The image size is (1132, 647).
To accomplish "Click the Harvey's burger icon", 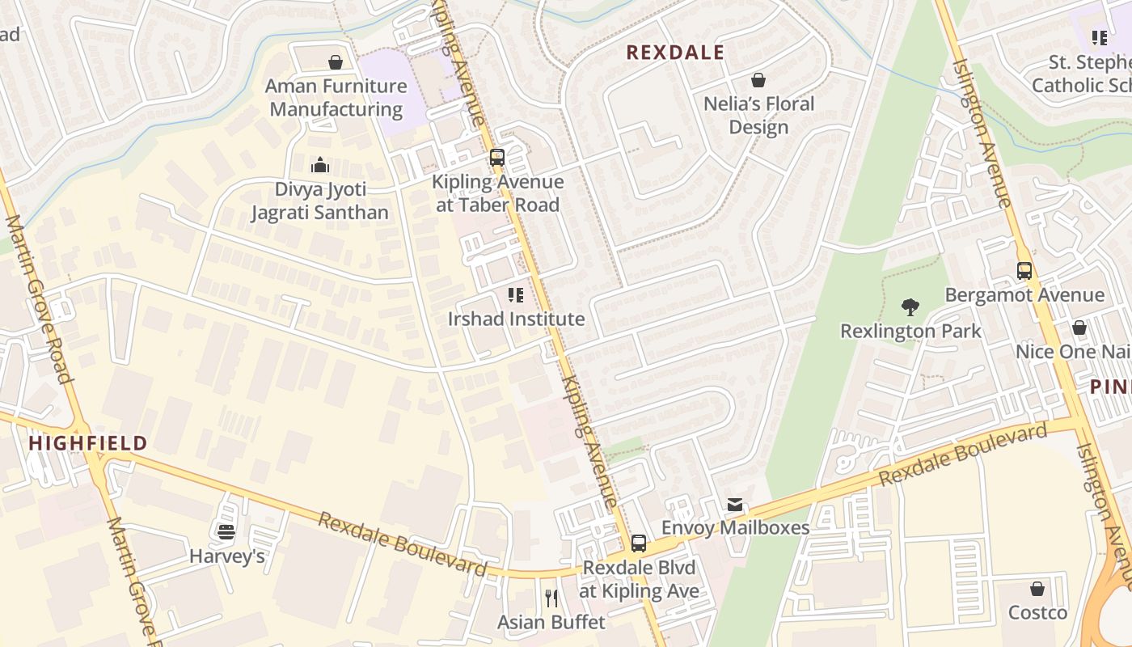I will click(226, 531).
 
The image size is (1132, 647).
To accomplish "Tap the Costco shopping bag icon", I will click(1037, 589).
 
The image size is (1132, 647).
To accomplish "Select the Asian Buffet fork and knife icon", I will click(551, 598).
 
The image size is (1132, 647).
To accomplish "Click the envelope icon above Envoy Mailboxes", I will click(734, 505).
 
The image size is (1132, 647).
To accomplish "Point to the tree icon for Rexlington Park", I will click(910, 307).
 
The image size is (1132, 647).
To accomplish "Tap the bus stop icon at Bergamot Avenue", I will click(1024, 271).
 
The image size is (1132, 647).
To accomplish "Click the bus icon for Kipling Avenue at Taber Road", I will click(497, 158).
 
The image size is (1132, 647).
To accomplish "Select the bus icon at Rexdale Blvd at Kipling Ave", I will click(639, 543).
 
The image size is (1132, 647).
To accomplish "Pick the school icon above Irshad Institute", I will click(516, 295).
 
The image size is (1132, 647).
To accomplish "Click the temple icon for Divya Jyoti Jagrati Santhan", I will click(320, 166).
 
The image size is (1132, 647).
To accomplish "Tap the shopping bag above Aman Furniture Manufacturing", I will click(336, 62).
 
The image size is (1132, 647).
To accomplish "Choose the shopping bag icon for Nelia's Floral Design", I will click(758, 80).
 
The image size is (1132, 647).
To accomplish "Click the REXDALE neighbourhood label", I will click(675, 53).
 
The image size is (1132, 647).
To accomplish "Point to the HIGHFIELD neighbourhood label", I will click(88, 443).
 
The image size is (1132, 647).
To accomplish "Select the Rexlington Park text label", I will click(910, 331).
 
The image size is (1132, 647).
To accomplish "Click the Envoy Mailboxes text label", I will click(735, 528).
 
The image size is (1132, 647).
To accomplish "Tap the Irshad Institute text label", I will click(516, 319).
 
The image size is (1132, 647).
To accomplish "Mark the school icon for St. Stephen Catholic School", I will click(1099, 38).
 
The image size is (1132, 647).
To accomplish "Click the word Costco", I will click(1037, 612).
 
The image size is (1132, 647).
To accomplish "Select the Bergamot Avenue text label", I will click(1024, 295).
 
